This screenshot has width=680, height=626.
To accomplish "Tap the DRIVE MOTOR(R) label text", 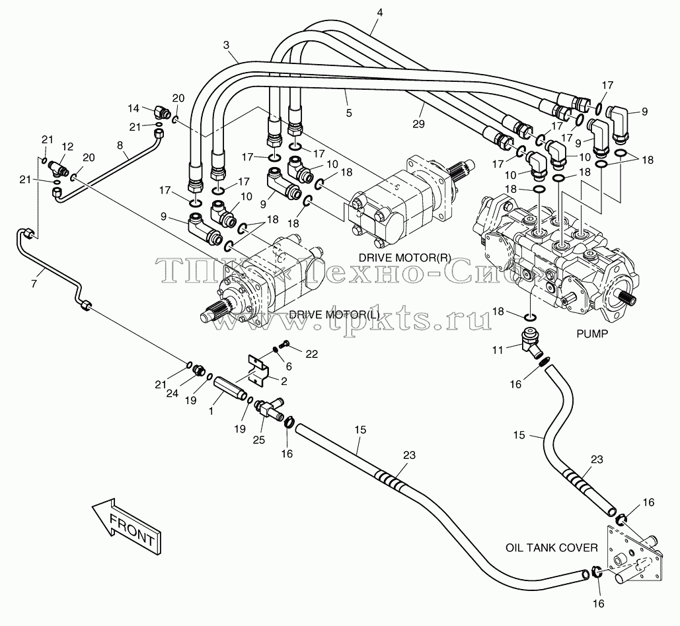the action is coord(404,258).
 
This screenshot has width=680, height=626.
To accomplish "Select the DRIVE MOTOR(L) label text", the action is coord(334,314).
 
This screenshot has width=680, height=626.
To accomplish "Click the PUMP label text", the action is coord(592,333).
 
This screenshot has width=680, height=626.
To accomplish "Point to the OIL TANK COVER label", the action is coord(552,547).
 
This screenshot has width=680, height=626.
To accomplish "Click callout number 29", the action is coord(418,124).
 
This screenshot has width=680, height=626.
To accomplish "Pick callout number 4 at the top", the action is coord(380,13).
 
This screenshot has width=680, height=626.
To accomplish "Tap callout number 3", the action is coord(226,45).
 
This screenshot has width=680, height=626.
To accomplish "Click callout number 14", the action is coord(133,108).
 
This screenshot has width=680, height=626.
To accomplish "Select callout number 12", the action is coord(67,147).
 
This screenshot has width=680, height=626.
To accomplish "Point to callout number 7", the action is coord(34,284).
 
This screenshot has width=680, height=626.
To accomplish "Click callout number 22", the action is coord(311,354).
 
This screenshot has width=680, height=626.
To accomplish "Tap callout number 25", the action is coord(259,440).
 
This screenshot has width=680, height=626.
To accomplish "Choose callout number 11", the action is coord(498,349).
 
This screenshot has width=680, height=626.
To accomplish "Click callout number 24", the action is coord(172,394).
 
